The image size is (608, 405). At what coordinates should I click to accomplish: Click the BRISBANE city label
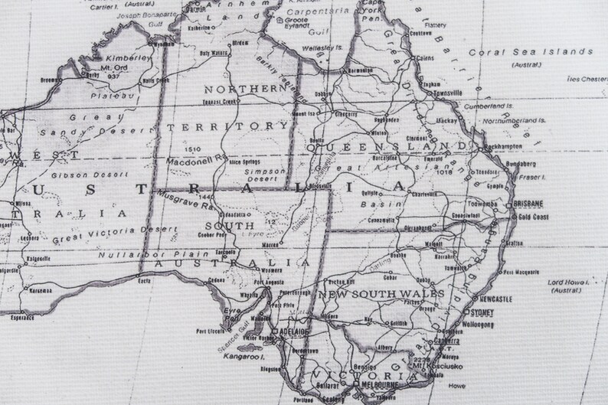click(x=529, y=203)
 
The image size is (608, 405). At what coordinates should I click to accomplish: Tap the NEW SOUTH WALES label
click(x=381, y=294)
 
